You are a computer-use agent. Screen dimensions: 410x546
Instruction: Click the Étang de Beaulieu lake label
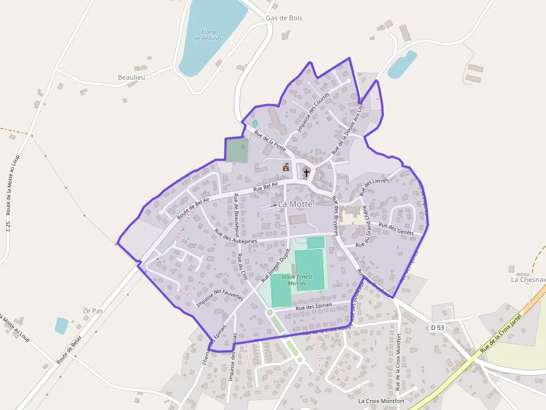point(209,35)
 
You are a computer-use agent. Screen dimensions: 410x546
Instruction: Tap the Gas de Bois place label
point(284,18)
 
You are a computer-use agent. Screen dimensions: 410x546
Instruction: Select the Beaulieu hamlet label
point(131,77)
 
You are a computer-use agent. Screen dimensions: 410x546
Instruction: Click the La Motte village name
point(295,204)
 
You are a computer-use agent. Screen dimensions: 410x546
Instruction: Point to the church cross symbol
point(306,173)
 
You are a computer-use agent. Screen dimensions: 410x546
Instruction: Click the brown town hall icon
point(286,166)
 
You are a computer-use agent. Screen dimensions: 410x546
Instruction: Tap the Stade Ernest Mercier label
point(296,280)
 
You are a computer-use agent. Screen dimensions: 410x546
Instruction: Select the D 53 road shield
point(437,328)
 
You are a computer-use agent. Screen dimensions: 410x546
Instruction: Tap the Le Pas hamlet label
point(93,310)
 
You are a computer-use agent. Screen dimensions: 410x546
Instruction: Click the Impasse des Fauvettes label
point(220,293)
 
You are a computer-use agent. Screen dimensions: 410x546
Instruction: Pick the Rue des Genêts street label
point(396,228)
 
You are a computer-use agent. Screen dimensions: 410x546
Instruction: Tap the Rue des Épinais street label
point(314,306)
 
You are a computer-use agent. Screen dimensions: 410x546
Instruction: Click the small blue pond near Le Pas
point(61,325)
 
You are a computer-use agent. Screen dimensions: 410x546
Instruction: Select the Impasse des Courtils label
point(313,112)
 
